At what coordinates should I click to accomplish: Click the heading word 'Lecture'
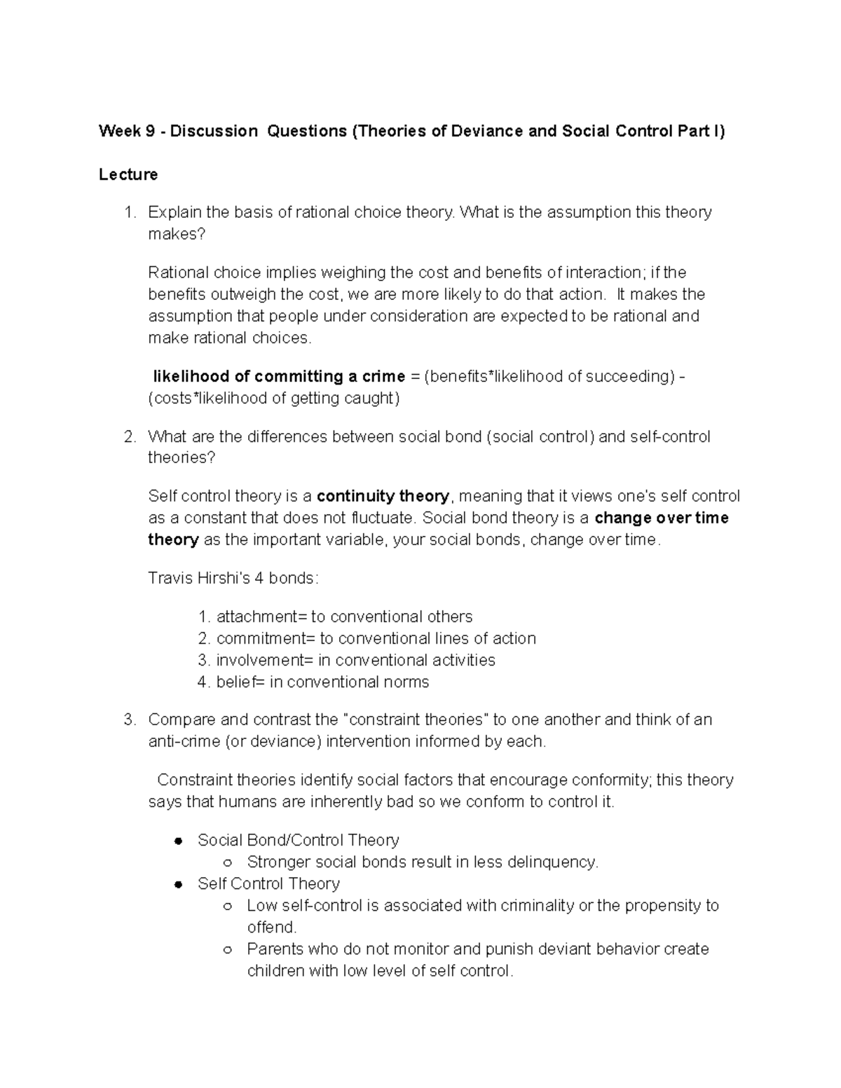coord(128,174)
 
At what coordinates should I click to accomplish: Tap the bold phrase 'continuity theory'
coord(383,497)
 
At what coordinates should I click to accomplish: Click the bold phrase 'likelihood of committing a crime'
coord(279,377)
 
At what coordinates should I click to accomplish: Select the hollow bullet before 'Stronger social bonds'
coord(227,863)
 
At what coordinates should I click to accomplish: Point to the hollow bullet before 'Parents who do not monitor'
coord(227,950)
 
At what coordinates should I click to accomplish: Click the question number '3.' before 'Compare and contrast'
coord(129,720)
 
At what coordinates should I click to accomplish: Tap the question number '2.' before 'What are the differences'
coord(129,437)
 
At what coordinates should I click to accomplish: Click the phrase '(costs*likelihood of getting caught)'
coord(274,399)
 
